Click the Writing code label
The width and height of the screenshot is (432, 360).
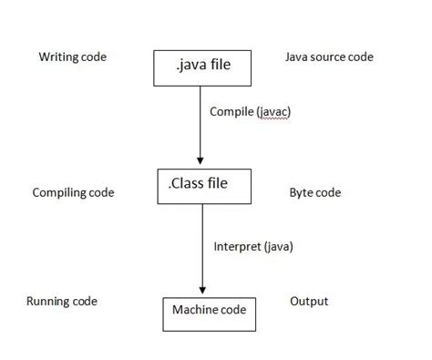pyautogui.click(x=72, y=57)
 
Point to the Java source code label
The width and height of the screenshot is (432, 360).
pyautogui.click(x=329, y=57)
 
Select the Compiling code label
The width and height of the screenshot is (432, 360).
pyautogui.click(x=73, y=193)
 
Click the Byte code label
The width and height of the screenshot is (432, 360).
pyautogui.click(x=314, y=193)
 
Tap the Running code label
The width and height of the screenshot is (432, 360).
pyautogui.click(x=62, y=302)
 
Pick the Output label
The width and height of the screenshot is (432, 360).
pyautogui.click(x=309, y=302)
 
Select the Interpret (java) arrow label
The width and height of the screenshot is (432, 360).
pyautogui.click(x=253, y=246)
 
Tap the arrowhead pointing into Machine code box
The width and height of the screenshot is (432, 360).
pyautogui.click(x=201, y=290)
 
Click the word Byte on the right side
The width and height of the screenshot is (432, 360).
pyautogui.click(x=302, y=193)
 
